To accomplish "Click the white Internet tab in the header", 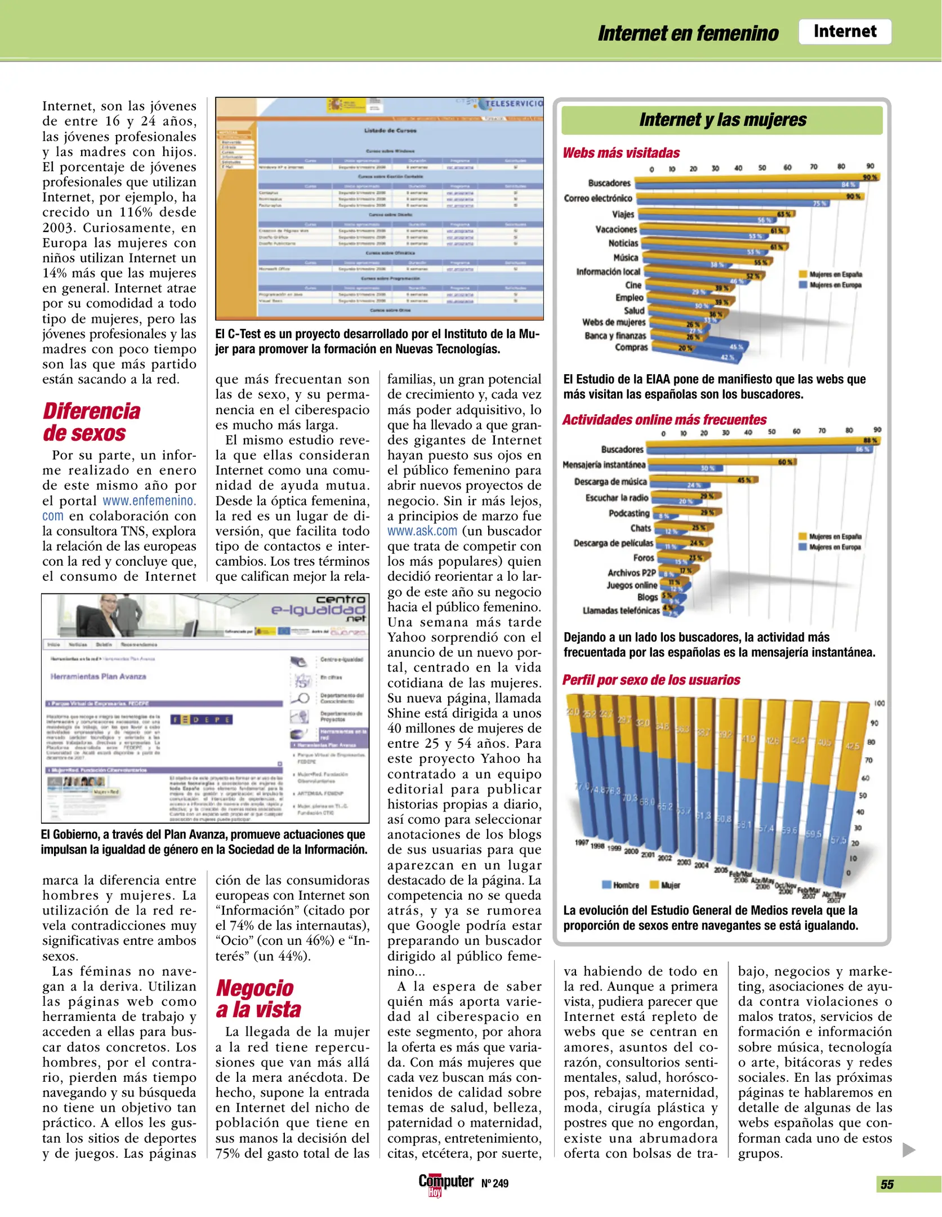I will (x=844, y=32).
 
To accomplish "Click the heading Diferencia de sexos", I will (x=91, y=422).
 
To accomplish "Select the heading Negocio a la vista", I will (x=258, y=998).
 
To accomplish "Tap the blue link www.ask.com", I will (x=422, y=531).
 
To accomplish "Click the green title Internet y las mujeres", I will (x=722, y=120).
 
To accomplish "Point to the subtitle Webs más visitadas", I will (x=621, y=153).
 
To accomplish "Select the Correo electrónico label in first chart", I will (x=598, y=198).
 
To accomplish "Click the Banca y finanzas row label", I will (x=615, y=336).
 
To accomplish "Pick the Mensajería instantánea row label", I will (x=604, y=465).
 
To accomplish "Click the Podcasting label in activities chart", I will (x=629, y=513).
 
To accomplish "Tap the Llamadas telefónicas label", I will (x=620, y=610).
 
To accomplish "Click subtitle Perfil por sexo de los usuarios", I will (x=651, y=680).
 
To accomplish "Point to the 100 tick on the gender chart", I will (x=879, y=704).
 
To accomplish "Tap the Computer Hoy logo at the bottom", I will (x=445, y=1184).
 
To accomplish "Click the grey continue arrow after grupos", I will (x=908, y=1150).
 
